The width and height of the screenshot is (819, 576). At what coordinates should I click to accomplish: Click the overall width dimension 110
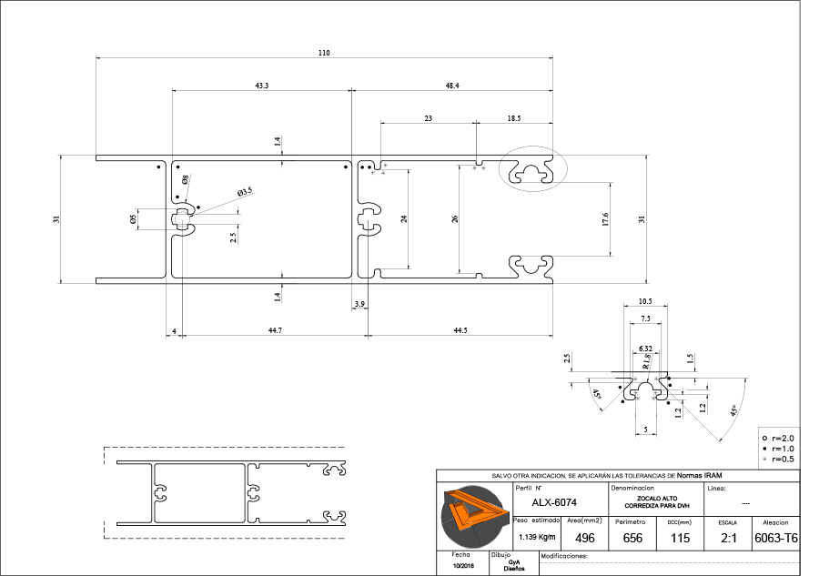tap(324, 53)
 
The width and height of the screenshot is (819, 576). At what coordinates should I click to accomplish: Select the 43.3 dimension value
tap(261, 85)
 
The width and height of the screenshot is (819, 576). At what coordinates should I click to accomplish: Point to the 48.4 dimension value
tap(452, 85)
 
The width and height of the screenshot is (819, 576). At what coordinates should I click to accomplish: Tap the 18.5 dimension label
tap(514, 118)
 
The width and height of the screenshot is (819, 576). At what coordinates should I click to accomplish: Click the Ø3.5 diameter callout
tap(244, 192)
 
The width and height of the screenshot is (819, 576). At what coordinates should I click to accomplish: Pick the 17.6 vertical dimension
tap(605, 219)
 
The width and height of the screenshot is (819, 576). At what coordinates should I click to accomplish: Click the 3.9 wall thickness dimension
tap(359, 303)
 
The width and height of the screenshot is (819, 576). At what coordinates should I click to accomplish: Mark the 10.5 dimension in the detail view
tap(646, 301)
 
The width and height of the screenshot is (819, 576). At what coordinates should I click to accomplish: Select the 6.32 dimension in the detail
tap(646, 349)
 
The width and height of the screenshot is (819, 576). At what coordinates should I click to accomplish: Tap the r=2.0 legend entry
tap(782, 439)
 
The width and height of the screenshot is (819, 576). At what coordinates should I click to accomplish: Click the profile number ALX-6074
tap(554, 502)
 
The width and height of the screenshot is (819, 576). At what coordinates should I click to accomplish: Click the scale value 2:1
tap(728, 538)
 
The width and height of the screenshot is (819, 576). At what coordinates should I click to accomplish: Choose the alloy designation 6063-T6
tap(776, 538)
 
